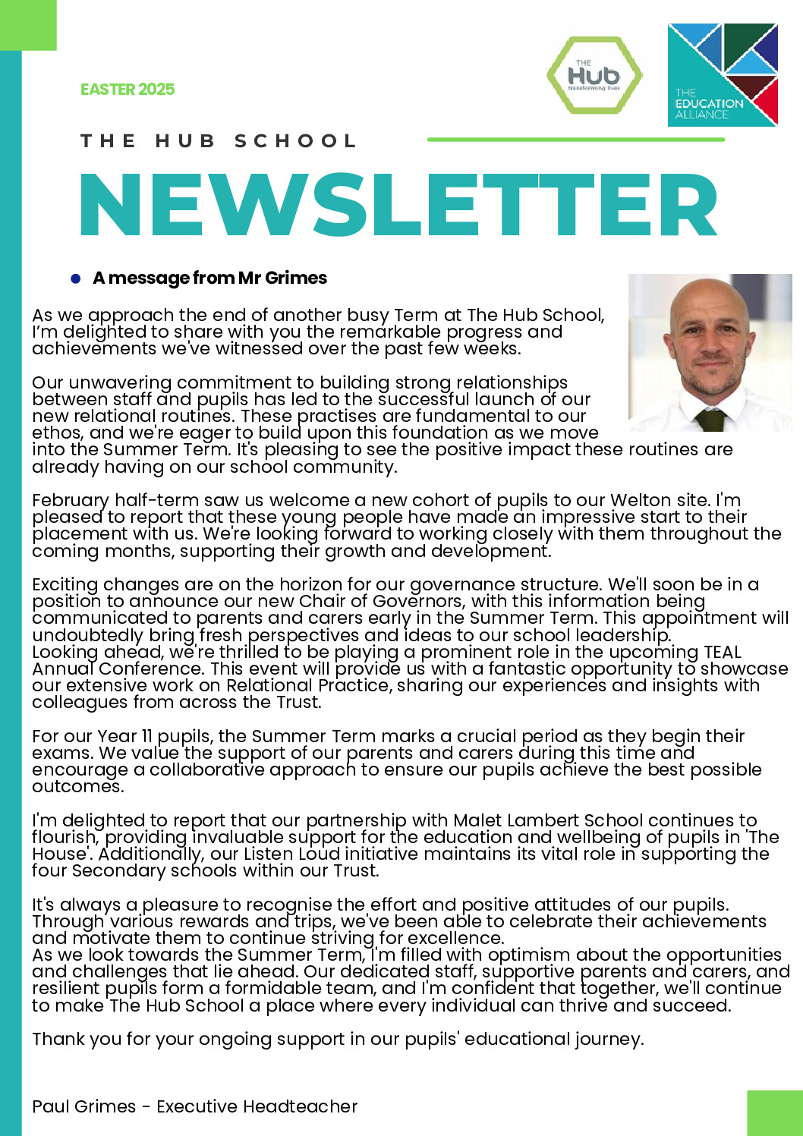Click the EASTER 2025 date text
(128, 90)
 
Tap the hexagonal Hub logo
(594, 75)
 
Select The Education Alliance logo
(722, 75)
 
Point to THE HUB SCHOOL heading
(219, 141)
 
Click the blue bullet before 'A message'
(75, 278)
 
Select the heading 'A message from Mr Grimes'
(209, 278)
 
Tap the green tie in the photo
(711, 420)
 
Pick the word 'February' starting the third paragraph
(71, 500)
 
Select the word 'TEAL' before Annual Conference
(722, 652)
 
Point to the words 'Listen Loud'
(297, 854)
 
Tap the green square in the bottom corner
(774, 1112)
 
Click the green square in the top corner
(28, 25)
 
